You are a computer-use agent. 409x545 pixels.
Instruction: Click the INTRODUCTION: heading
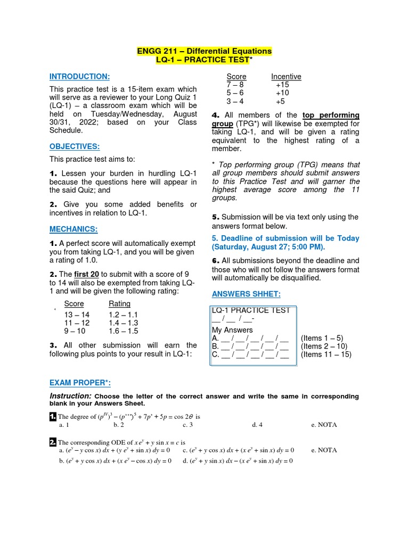click(79, 77)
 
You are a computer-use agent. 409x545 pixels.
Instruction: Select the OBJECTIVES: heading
click(75, 146)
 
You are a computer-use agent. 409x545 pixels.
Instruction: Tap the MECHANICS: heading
click(73, 229)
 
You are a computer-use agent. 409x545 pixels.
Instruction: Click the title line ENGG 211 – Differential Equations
click(204, 51)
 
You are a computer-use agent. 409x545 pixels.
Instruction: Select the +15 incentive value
click(282, 85)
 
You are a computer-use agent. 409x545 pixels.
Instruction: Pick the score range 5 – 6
click(235, 93)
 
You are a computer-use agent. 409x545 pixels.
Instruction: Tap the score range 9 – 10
click(75, 331)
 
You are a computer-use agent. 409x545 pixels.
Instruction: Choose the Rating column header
click(119, 304)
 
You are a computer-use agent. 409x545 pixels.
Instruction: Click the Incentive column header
click(286, 77)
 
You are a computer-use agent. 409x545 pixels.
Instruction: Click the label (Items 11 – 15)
click(326, 354)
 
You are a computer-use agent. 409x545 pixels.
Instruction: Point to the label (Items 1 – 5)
click(322, 338)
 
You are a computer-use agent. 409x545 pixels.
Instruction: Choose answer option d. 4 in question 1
click(257, 425)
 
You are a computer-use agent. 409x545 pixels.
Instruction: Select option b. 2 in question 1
click(119, 425)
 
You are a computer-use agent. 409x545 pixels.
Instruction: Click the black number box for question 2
click(53, 442)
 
